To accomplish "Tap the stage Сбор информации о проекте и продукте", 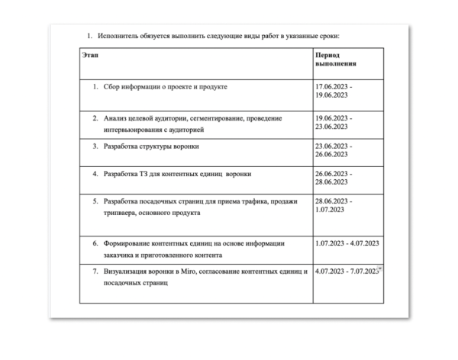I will tap(166, 87).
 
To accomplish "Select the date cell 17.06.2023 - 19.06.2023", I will tap(334, 92).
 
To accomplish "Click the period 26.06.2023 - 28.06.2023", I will tap(334, 179).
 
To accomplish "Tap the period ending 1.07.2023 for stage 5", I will tap(334, 205).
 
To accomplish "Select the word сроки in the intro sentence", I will tap(339, 36).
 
